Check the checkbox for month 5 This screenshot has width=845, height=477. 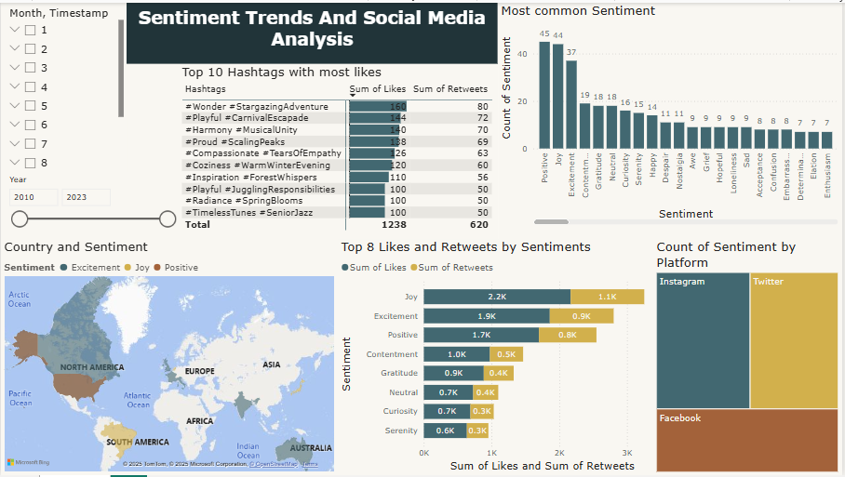31,106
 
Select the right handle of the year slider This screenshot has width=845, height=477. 168,219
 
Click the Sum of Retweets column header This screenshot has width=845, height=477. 450,89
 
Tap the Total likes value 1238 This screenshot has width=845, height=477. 395,224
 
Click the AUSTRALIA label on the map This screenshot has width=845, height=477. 310,447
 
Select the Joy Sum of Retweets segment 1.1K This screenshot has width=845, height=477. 607,297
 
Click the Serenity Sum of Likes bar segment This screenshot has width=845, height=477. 445,431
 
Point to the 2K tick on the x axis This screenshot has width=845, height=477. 559,453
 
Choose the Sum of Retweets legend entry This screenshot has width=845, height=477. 456,268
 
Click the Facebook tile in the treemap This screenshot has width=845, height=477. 746,440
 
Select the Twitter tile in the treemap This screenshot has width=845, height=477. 793,339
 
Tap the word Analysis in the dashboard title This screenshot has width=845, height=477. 312,39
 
